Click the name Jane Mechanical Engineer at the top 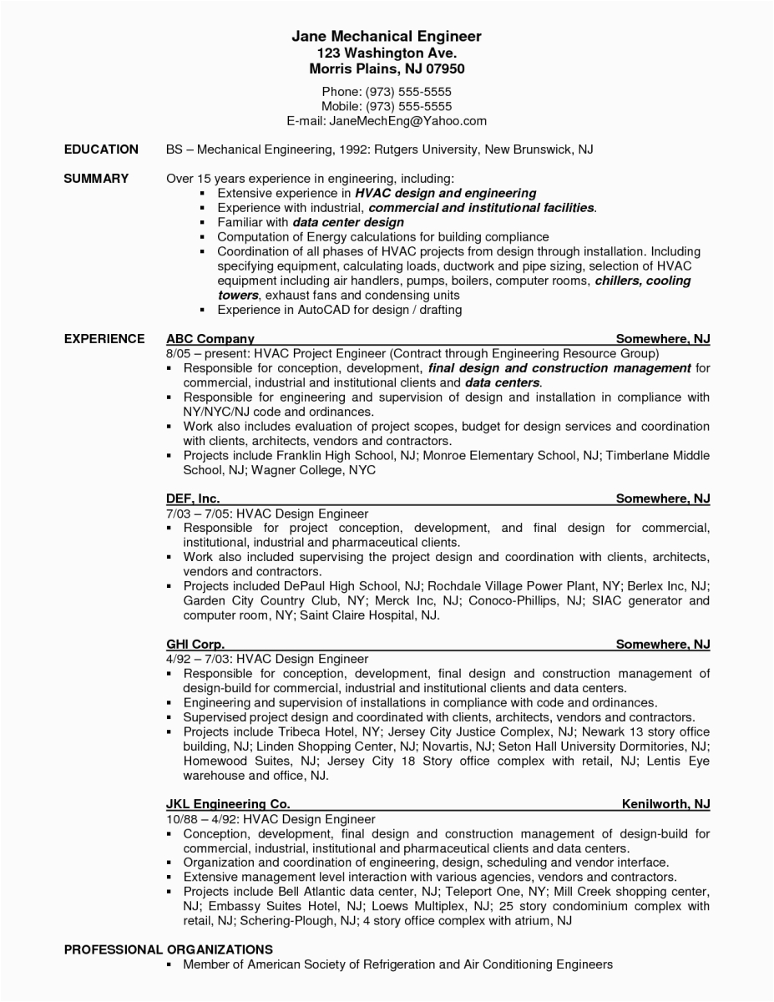(x=387, y=37)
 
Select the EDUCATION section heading (x=101, y=149)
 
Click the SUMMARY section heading (x=96, y=178)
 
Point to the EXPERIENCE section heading (x=104, y=338)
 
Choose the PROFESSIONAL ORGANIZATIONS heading (x=168, y=949)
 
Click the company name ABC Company (x=210, y=338)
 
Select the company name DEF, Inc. (x=193, y=498)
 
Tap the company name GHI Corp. (x=195, y=644)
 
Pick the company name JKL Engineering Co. (x=227, y=804)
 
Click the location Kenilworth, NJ (x=665, y=804)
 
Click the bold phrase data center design (x=348, y=222)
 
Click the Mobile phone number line (x=387, y=106)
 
